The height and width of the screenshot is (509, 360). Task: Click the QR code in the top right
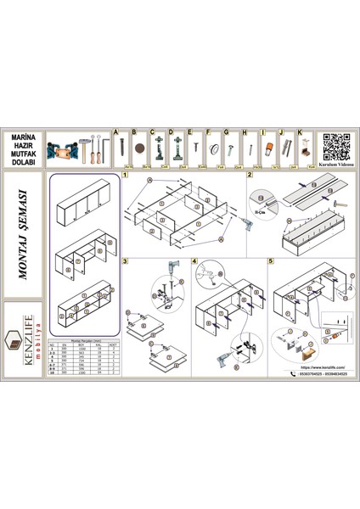pyautogui.click(x=336, y=144)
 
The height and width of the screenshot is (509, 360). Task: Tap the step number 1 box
pyautogui.click(x=125, y=175)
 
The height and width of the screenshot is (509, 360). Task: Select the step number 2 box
pyautogui.click(x=249, y=175)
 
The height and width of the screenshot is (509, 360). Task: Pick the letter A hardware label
pyautogui.click(x=115, y=132)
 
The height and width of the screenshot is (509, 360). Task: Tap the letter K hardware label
pyautogui.click(x=299, y=132)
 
